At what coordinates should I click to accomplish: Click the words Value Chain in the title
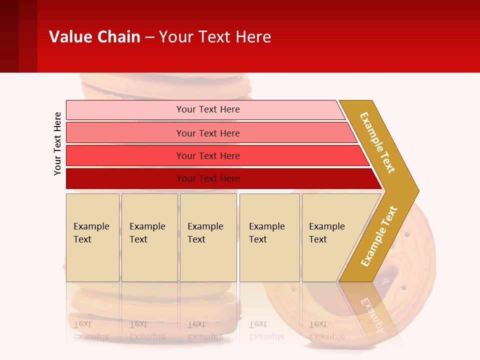(x=94, y=36)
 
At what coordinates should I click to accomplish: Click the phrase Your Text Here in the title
(x=215, y=36)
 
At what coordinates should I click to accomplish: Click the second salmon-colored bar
(x=208, y=133)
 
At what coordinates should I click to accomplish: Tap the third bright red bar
(x=208, y=155)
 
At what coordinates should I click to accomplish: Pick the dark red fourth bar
(x=208, y=178)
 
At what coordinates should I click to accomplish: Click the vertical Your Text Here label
(x=57, y=143)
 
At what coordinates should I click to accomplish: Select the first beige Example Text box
(x=92, y=237)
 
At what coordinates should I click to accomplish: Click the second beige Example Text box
(x=149, y=237)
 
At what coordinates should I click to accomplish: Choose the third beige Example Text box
(x=208, y=237)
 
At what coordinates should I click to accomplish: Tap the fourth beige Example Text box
(x=269, y=237)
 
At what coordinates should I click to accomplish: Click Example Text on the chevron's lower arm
(x=378, y=236)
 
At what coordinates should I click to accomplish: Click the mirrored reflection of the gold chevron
(x=372, y=310)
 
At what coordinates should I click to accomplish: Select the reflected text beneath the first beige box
(x=91, y=330)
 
